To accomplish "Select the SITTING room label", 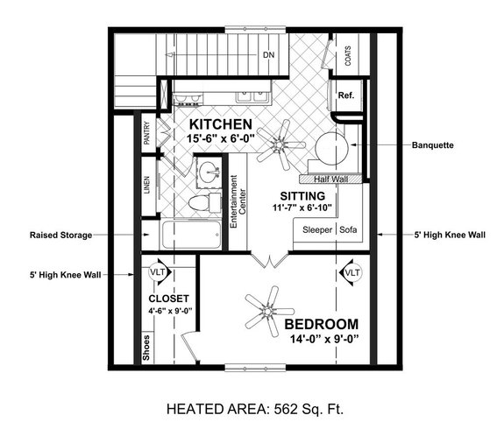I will (302, 194).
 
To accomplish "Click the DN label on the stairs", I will (269, 54).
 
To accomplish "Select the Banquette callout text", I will (432, 145).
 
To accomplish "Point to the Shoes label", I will (146, 347).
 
